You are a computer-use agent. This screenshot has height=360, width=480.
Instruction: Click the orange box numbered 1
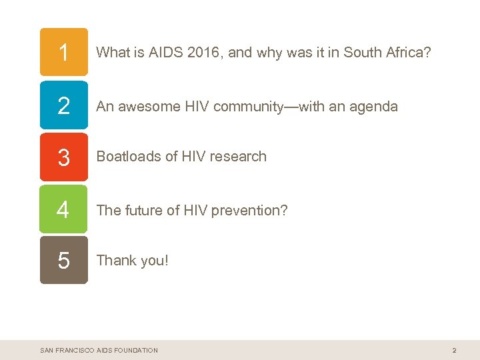click(x=63, y=52)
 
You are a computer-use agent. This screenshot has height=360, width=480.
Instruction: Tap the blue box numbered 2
click(x=63, y=105)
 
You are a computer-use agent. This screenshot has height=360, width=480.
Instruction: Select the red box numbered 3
click(x=63, y=157)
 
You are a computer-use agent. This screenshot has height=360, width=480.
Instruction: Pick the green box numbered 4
click(x=63, y=209)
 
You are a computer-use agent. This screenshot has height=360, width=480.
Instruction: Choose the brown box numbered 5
click(x=63, y=260)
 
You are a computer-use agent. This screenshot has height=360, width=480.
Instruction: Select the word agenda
click(x=374, y=106)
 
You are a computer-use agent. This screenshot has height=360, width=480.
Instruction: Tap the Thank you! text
click(x=133, y=260)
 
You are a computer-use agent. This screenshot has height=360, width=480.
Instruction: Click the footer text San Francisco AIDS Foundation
click(x=99, y=350)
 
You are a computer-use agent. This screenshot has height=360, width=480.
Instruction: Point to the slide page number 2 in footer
click(x=454, y=350)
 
